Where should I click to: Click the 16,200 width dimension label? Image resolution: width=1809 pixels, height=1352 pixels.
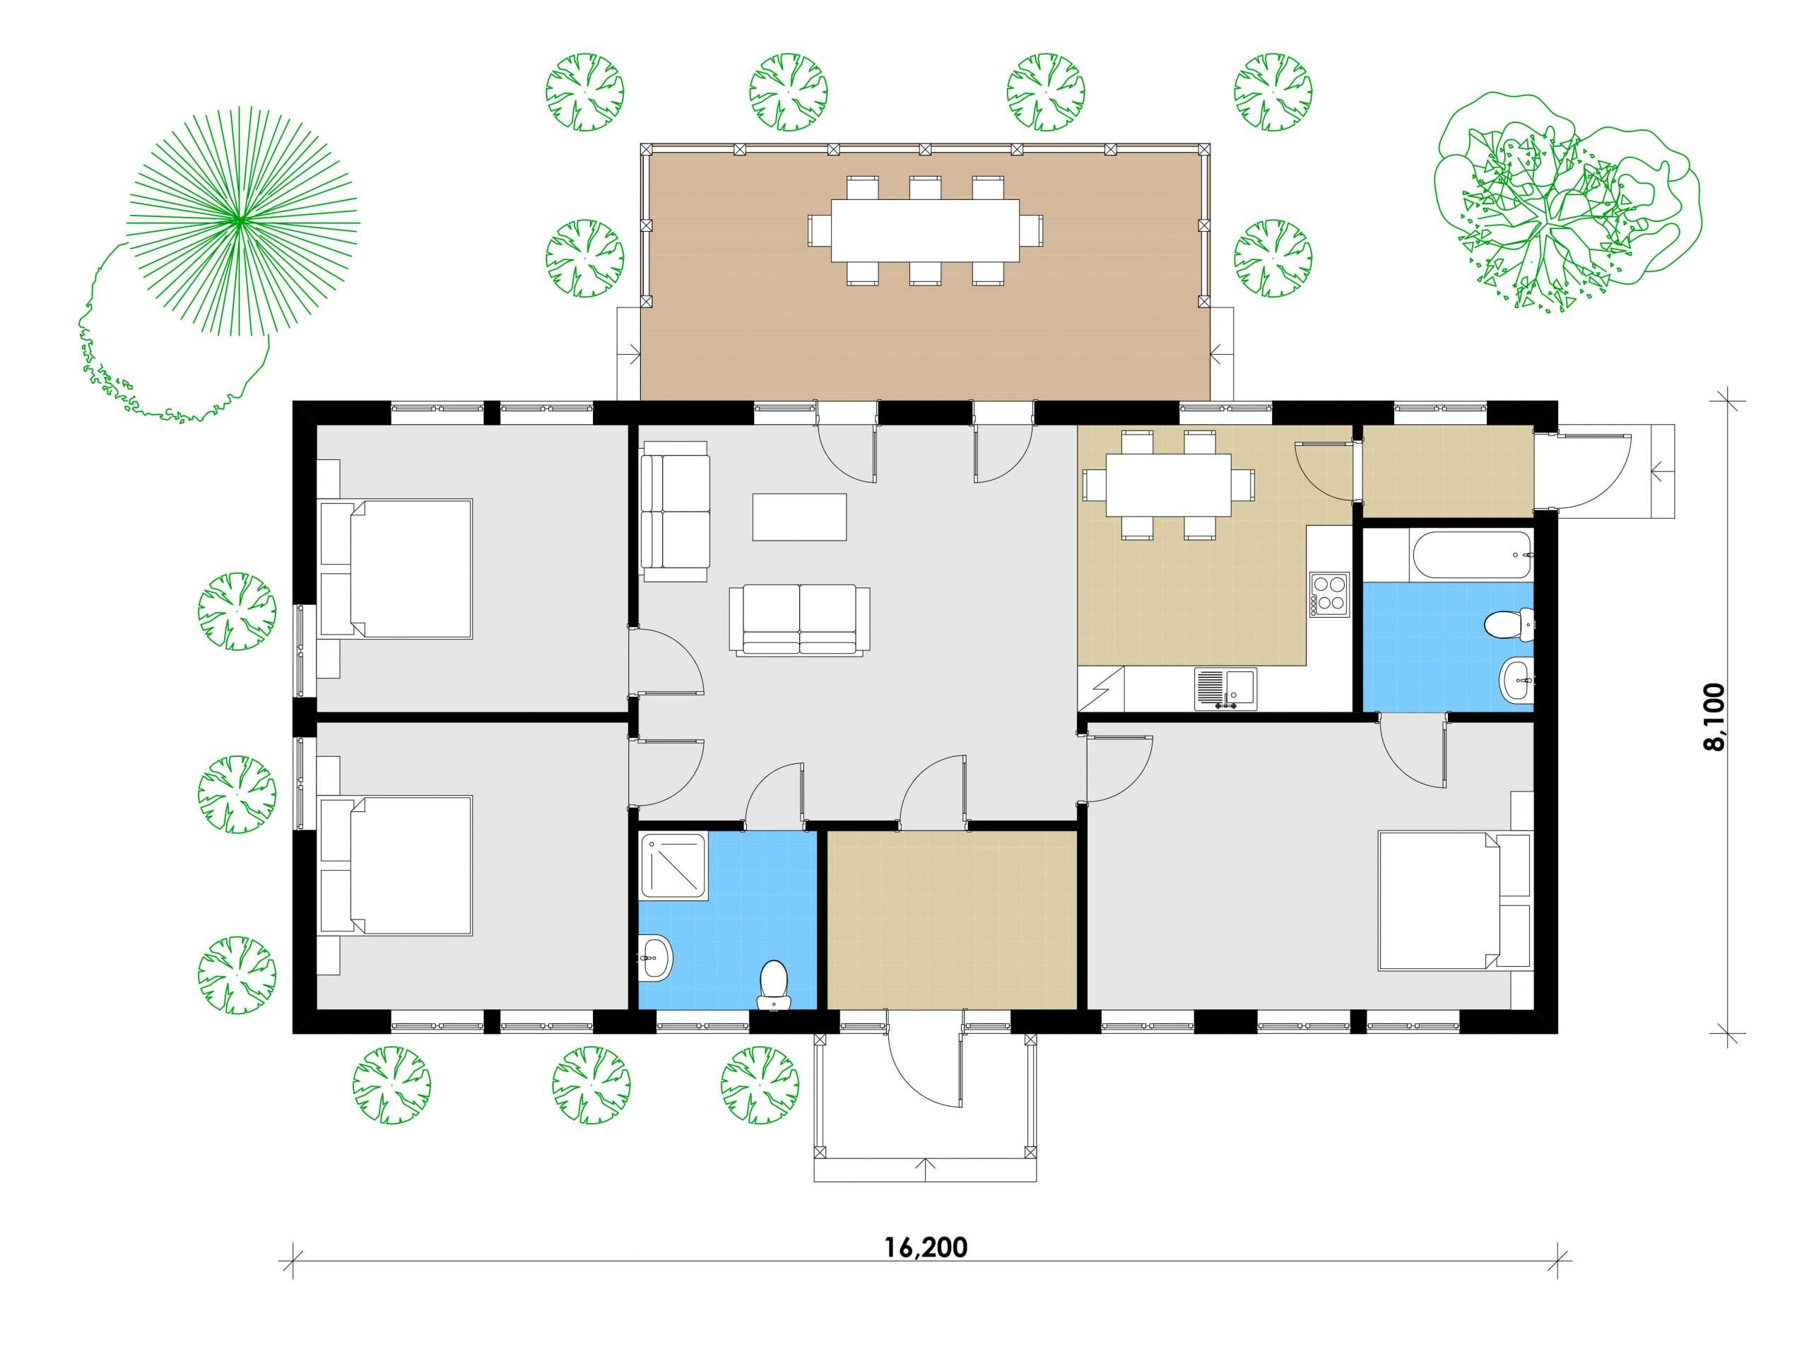926,1247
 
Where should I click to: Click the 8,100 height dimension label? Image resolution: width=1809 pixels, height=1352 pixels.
1714,717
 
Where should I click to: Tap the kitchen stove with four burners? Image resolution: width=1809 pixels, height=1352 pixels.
1329,594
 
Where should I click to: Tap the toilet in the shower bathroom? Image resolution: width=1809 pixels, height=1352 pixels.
774,984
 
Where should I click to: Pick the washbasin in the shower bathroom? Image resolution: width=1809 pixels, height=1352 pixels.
655,956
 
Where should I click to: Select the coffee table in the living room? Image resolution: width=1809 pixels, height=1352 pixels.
800,517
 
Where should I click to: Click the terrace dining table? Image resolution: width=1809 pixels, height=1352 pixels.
925,230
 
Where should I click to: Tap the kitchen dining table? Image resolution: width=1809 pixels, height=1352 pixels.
1169,485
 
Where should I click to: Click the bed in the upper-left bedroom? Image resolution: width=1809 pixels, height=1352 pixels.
396,569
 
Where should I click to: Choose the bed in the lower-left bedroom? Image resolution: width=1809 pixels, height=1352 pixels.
396,866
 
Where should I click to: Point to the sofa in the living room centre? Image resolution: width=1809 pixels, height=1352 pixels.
800,620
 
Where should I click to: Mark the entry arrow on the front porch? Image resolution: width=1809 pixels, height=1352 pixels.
926,1170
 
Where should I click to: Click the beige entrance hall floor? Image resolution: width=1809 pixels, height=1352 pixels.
951,920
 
